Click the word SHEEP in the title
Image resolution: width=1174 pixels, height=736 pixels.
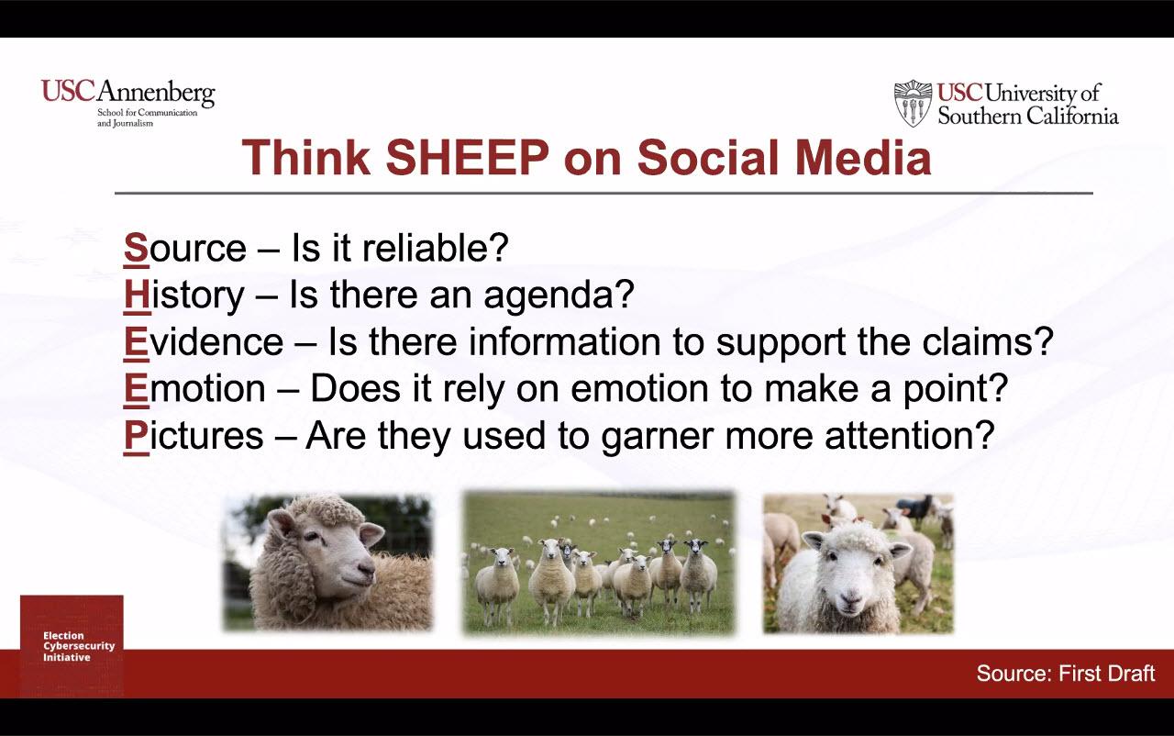(x=468, y=158)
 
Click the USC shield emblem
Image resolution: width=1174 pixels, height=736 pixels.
(x=913, y=104)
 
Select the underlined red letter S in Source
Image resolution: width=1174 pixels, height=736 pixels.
(x=137, y=248)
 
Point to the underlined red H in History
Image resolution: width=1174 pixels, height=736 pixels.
(x=138, y=295)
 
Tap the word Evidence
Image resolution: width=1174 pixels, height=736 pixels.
(x=204, y=341)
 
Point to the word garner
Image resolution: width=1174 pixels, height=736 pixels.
(x=658, y=438)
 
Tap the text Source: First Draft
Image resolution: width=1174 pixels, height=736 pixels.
(x=1066, y=673)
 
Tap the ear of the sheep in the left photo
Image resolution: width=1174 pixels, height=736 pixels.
(x=371, y=535)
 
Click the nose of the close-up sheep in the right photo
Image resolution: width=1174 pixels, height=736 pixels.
(x=849, y=597)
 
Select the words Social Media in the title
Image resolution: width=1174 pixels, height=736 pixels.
(x=784, y=158)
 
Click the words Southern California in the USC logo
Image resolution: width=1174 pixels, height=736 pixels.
(x=1028, y=116)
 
